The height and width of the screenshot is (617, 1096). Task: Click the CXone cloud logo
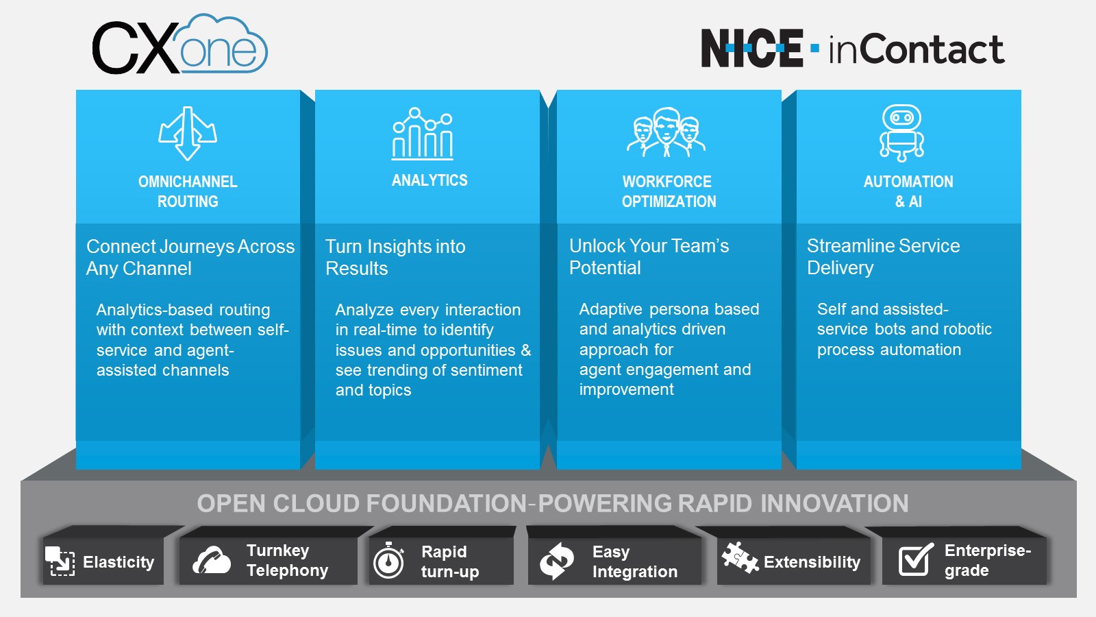179,45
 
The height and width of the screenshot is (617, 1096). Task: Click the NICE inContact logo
852,48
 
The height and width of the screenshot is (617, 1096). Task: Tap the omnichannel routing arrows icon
188,133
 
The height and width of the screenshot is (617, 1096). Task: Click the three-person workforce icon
667,132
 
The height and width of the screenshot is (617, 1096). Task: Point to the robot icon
901,133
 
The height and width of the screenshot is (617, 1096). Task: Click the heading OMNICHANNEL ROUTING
188,191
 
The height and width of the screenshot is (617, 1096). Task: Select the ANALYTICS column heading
429,180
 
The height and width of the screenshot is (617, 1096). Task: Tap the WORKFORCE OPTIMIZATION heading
668,191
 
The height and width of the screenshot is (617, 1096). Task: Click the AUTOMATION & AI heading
908,191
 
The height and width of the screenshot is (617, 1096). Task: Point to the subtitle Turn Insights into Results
395,257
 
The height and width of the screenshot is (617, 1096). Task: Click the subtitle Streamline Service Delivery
882,256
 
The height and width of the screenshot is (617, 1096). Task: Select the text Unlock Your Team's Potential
648,256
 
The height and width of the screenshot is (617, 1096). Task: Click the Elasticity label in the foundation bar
118,562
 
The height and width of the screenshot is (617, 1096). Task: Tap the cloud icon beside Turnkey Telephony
211,560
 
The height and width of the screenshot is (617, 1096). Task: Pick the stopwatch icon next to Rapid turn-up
389,561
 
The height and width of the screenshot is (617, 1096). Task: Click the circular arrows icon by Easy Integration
556,561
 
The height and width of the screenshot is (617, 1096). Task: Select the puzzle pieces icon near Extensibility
740,557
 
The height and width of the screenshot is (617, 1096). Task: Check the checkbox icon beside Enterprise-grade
915,559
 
